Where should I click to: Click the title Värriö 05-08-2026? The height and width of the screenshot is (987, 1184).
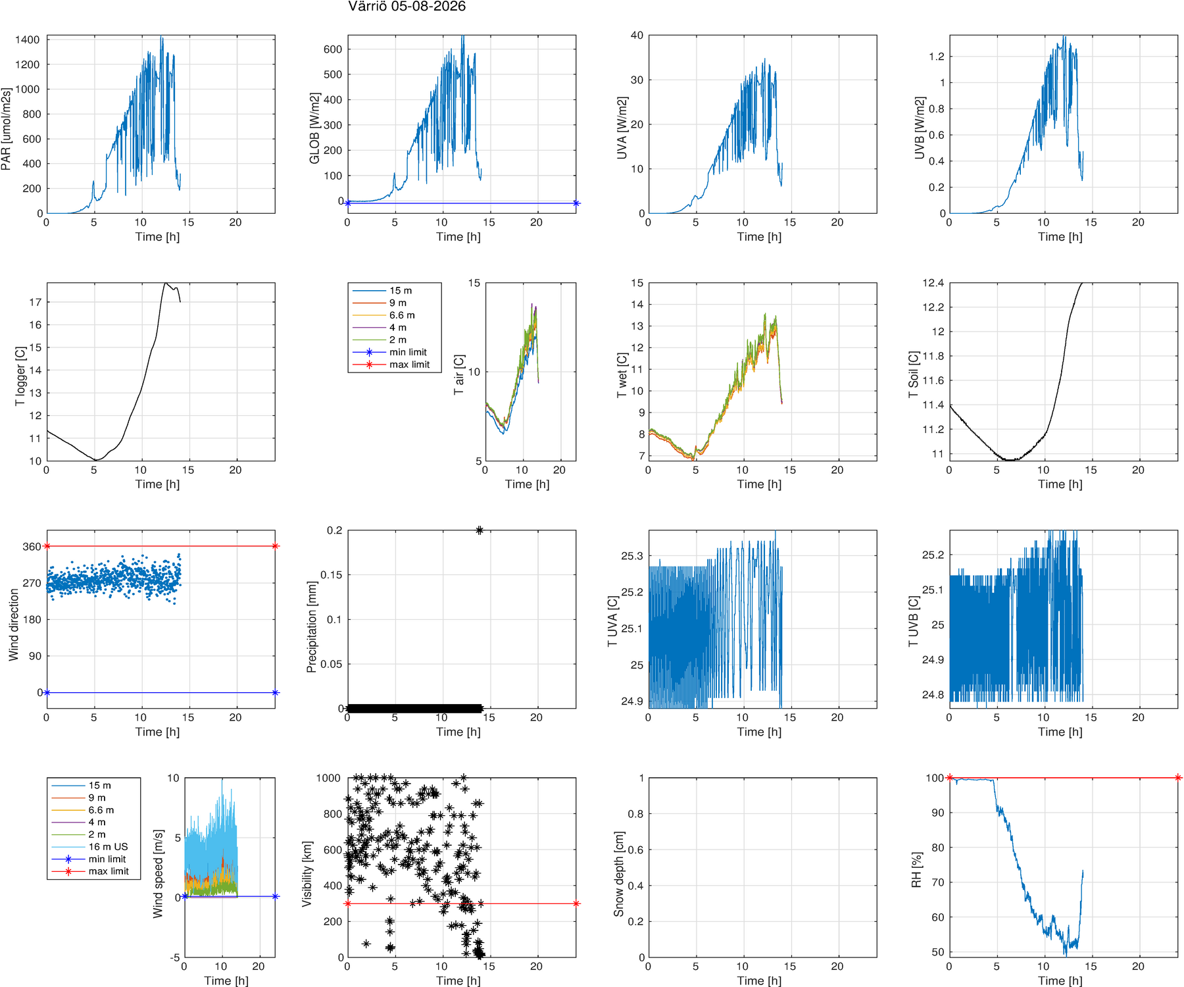click(407, 7)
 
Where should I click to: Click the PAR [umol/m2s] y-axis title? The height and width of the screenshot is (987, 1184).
click(7, 129)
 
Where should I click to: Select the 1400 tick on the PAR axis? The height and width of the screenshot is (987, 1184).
click(28, 39)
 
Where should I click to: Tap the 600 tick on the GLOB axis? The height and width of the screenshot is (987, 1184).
click(333, 49)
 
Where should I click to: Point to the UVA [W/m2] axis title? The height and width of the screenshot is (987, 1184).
click(622, 128)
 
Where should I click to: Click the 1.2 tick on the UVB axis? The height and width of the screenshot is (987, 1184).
click(936, 57)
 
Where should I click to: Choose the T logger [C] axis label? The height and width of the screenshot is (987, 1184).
click(20, 376)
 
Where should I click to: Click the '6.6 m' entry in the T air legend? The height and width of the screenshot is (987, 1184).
click(402, 315)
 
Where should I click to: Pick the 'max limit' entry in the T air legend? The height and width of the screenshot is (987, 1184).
click(409, 365)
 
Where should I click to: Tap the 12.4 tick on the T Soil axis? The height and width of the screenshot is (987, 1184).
click(933, 283)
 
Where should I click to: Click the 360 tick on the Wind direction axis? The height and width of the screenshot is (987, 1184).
click(32, 547)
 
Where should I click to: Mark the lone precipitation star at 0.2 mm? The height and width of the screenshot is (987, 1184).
click(480, 530)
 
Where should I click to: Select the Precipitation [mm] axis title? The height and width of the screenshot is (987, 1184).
click(312, 626)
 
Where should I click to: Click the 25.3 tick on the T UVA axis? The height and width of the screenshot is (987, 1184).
click(632, 556)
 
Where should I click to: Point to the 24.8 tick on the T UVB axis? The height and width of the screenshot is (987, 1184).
click(933, 694)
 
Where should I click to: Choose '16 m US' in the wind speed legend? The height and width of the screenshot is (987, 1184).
click(109, 847)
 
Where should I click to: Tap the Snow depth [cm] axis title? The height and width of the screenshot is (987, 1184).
click(619, 874)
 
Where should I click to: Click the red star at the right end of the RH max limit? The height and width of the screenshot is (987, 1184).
click(1178, 778)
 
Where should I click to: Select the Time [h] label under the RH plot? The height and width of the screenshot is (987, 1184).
click(1060, 980)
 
